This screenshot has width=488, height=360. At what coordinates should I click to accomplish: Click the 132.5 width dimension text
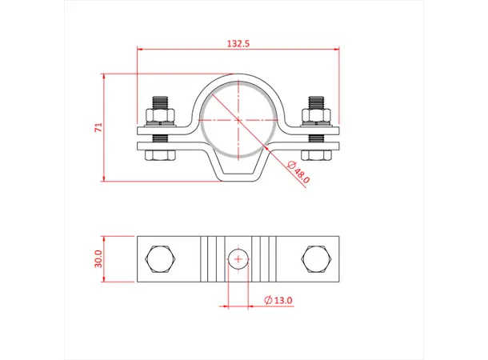point(238,45)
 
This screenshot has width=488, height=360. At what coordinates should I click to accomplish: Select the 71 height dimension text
point(97,126)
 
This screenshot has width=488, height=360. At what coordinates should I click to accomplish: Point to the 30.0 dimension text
point(98,258)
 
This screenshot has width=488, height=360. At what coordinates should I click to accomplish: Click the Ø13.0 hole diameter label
point(278,300)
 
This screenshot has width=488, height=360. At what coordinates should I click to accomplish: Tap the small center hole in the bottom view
point(237,258)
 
